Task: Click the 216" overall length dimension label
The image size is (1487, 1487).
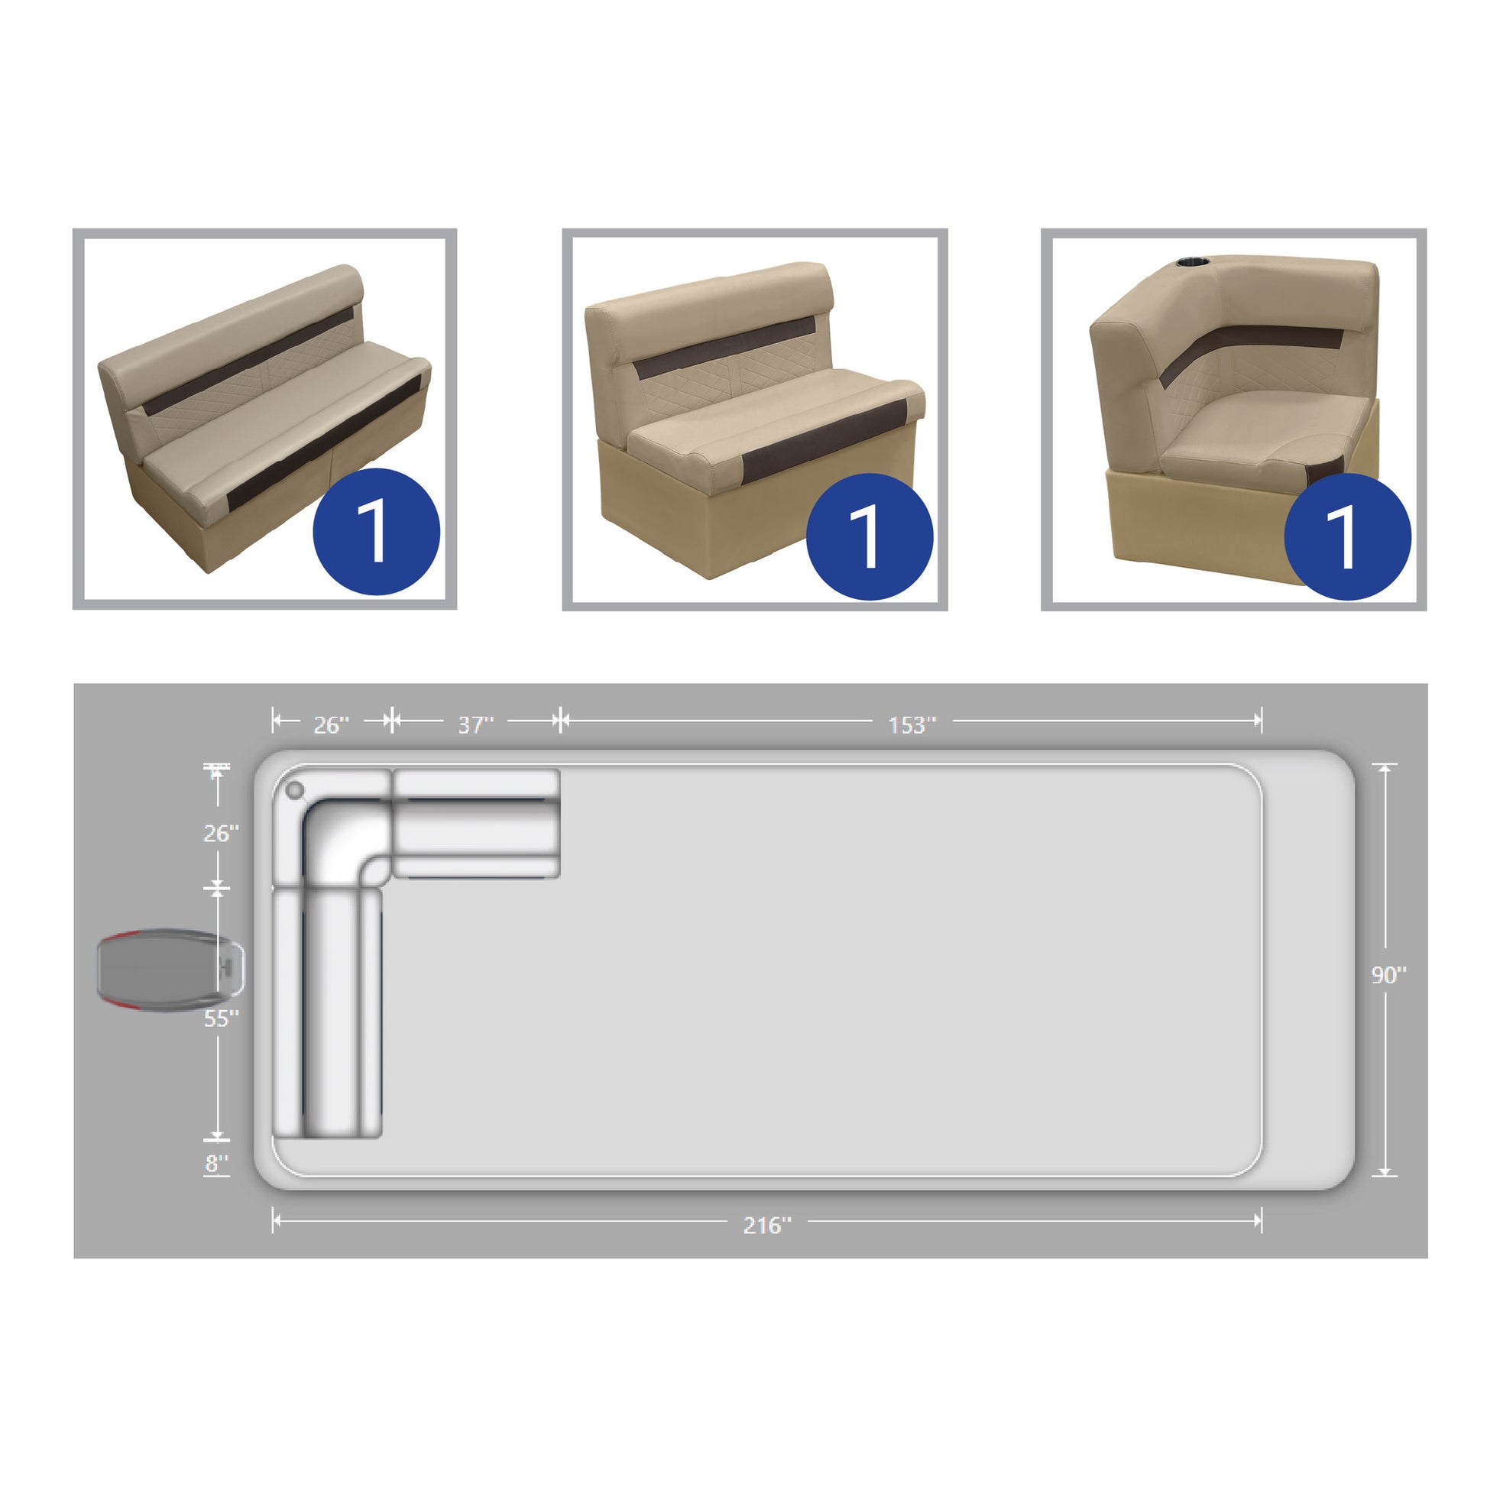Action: click(766, 1226)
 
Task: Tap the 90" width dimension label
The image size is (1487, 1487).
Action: click(1388, 975)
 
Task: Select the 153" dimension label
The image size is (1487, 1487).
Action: click(912, 725)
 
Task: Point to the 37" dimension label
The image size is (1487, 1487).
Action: click(475, 725)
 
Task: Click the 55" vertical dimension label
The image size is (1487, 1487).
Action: click(221, 1019)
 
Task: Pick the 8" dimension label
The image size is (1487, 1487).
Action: click(217, 1164)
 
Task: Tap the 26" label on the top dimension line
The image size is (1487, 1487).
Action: click(331, 725)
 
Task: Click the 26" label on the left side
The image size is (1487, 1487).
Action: click(221, 834)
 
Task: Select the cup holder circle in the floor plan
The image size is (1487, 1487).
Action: click(295, 790)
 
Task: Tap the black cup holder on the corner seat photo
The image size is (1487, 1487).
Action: click(1193, 263)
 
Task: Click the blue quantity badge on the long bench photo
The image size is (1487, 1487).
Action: click(377, 531)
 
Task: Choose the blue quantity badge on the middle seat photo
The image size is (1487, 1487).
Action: click(870, 536)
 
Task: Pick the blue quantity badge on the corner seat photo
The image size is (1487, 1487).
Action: click(1348, 536)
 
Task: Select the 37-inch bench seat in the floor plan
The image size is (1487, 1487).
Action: click(476, 824)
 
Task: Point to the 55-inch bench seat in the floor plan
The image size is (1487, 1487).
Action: click(328, 1013)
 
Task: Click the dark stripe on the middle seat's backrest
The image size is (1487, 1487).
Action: click(724, 348)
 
